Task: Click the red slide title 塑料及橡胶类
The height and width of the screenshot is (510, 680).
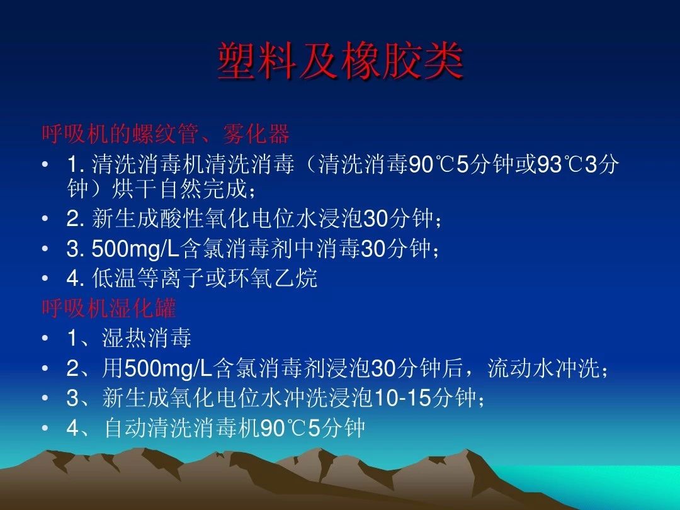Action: (340, 62)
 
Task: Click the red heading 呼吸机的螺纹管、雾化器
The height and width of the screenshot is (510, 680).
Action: (166, 133)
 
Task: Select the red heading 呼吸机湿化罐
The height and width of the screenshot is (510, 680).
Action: (109, 309)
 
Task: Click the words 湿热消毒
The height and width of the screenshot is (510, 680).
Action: (147, 339)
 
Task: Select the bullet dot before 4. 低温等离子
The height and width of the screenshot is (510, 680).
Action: (45, 278)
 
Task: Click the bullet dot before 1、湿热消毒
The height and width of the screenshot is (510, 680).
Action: (45, 339)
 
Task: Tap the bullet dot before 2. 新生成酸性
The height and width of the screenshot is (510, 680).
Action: (45, 219)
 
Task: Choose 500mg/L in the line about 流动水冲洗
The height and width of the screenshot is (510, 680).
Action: (169, 368)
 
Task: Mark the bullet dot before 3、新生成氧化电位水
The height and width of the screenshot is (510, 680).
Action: (45, 398)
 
